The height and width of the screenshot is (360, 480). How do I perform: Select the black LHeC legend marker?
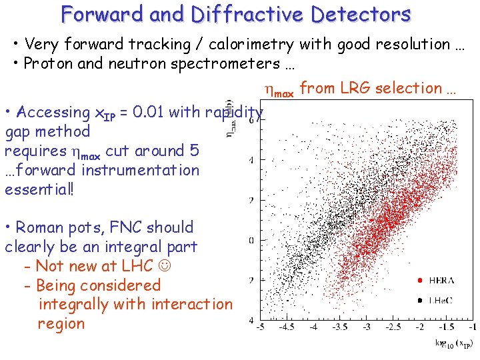pos(419,300)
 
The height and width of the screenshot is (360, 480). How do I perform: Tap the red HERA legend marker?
pos(419,280)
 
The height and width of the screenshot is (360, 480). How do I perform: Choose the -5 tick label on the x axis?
pos(260,327)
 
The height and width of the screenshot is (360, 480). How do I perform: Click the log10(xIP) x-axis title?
pos(454,344)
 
